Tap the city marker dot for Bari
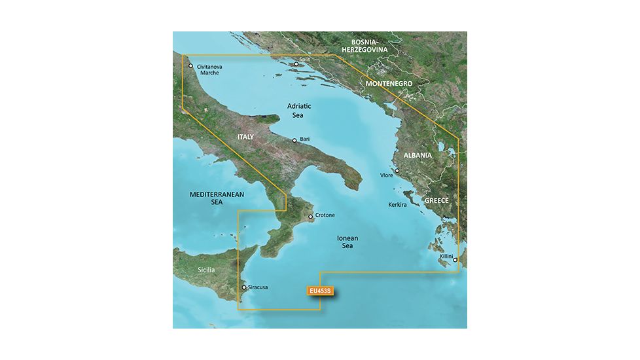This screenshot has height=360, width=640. [294, 140]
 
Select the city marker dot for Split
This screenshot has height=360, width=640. [296, 64]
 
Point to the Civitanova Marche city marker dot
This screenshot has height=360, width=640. [190, 65]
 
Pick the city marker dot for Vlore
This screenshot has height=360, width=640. [397, 171]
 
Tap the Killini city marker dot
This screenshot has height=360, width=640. [455, 261]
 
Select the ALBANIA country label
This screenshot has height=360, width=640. [417, 155]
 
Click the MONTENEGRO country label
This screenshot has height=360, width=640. [389, 84]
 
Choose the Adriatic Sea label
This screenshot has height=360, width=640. [299, 110]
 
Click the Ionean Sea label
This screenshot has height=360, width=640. [347, 242]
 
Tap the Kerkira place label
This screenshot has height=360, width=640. [397, 205]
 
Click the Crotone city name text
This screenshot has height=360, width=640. [325, 215]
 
